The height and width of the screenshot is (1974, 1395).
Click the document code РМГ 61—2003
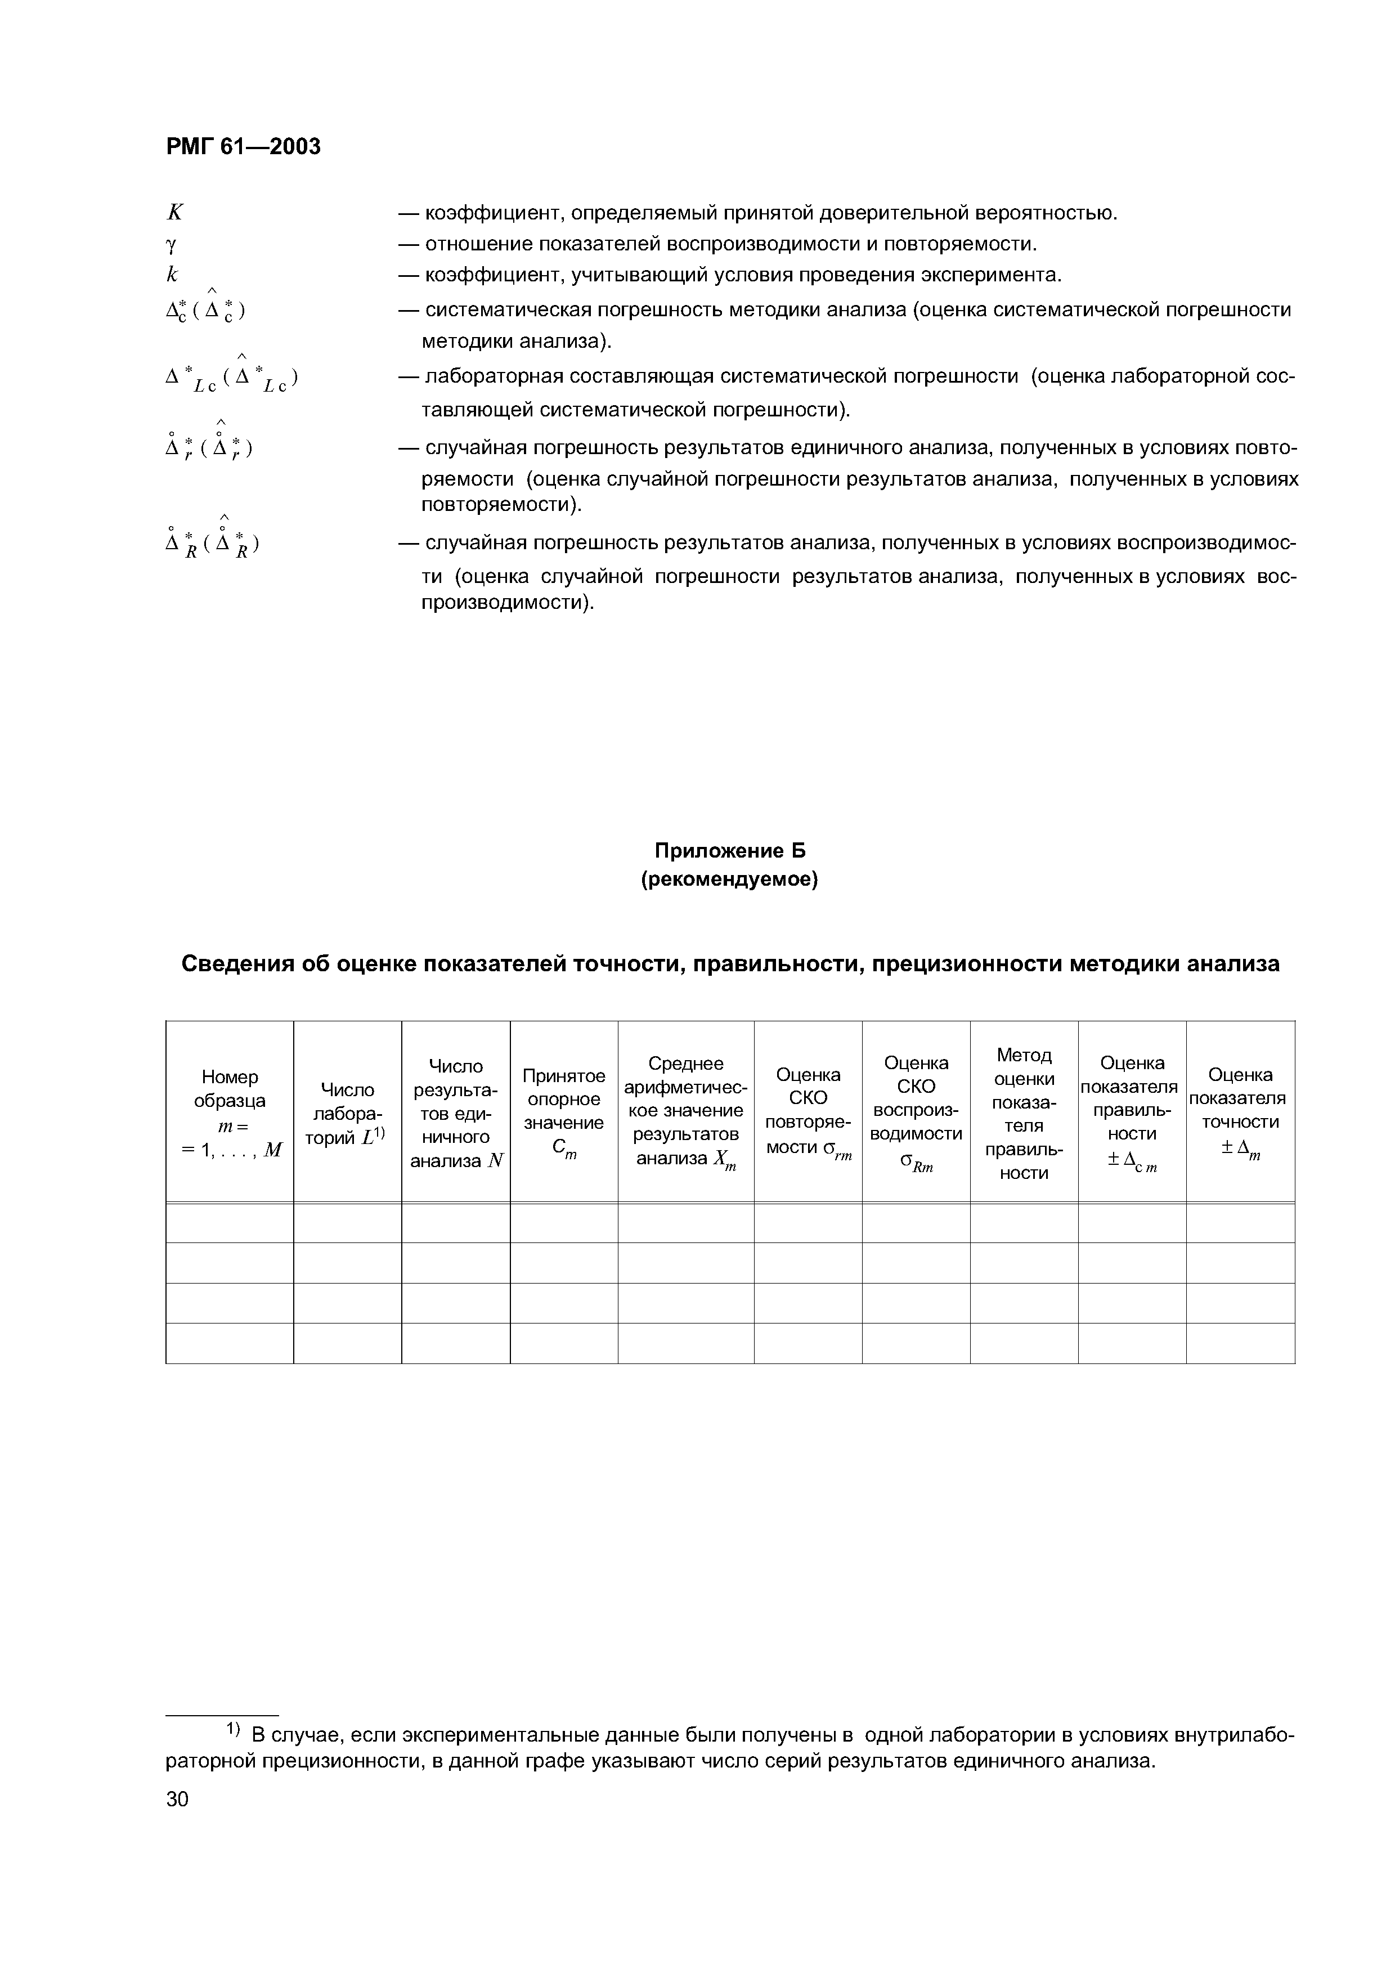[243, 147]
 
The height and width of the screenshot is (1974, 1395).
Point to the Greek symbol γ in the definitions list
[170, 245]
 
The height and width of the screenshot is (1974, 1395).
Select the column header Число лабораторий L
[347, 1114]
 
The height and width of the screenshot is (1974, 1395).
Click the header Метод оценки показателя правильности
[1024, 1112]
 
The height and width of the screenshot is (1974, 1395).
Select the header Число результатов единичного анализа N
[456, 1112]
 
